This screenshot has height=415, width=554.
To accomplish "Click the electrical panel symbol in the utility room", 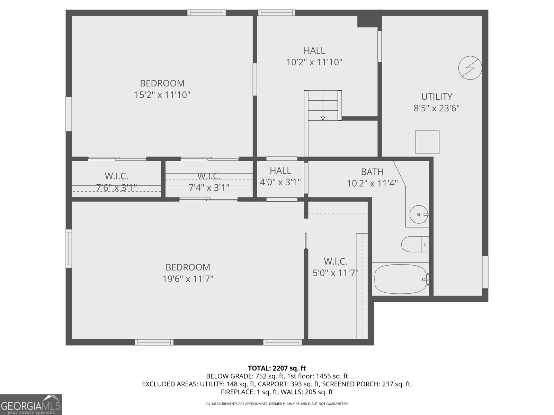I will [470, 68].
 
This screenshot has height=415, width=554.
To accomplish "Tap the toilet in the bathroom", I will [415, 244].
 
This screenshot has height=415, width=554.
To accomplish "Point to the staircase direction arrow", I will [323, 117].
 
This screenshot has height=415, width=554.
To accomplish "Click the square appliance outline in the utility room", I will [427, 142].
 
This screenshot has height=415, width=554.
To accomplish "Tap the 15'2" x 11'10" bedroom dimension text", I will [162, 95].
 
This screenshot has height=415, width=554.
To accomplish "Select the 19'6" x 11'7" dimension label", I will [188, 279].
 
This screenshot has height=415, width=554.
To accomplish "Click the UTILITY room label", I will [437, 96].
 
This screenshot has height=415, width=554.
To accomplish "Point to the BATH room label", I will [372, 172].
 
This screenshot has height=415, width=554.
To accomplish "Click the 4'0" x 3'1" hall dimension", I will [280, 182].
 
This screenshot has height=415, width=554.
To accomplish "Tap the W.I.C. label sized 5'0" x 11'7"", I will [335, 261].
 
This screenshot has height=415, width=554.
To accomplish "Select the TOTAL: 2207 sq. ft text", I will [277, 368].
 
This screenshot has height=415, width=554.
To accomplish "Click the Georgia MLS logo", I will [31, 404].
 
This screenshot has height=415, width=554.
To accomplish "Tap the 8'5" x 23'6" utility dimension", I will [437, 108].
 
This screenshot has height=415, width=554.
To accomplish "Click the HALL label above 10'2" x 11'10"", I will [314, 50].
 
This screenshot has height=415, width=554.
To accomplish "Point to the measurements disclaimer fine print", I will [277, 404].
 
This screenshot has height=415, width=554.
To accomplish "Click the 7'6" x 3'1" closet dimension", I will [116, 188].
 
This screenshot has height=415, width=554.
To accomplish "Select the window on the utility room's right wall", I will [485, 272].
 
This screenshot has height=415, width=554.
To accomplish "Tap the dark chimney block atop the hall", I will [369, 21].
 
